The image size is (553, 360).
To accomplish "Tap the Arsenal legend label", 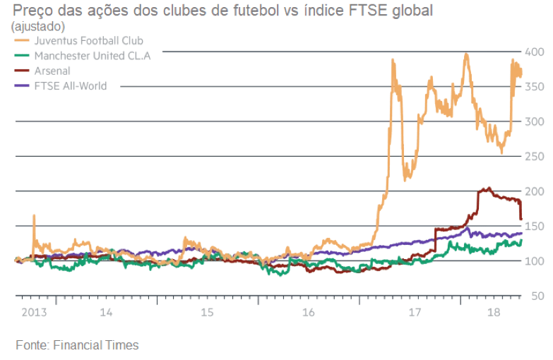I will click(x=52, y=71).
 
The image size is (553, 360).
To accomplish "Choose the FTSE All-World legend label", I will click(x=70, y=86).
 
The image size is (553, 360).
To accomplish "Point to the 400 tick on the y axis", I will click(x=534, y=52).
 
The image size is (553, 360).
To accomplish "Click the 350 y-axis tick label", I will click(x=534, y=87).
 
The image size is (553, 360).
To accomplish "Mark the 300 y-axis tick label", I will click(x=534, y=121).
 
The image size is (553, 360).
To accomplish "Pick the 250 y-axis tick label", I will click(x=534, y=156).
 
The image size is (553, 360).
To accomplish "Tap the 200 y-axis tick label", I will click(x=534, y=191).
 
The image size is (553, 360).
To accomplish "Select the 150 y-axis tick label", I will click(x=534, y=226).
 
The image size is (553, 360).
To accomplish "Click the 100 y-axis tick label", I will click(x=534, y=261).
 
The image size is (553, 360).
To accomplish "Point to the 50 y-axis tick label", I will click(x=537, y=295).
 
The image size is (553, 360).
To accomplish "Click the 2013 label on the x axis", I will click(x=33, y=311).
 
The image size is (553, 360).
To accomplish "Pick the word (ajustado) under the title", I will click(x=37, y=27).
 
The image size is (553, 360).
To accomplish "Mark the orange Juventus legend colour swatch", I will click(x=22, y=40).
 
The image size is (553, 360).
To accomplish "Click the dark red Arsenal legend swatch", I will click(x=22, y=71).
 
